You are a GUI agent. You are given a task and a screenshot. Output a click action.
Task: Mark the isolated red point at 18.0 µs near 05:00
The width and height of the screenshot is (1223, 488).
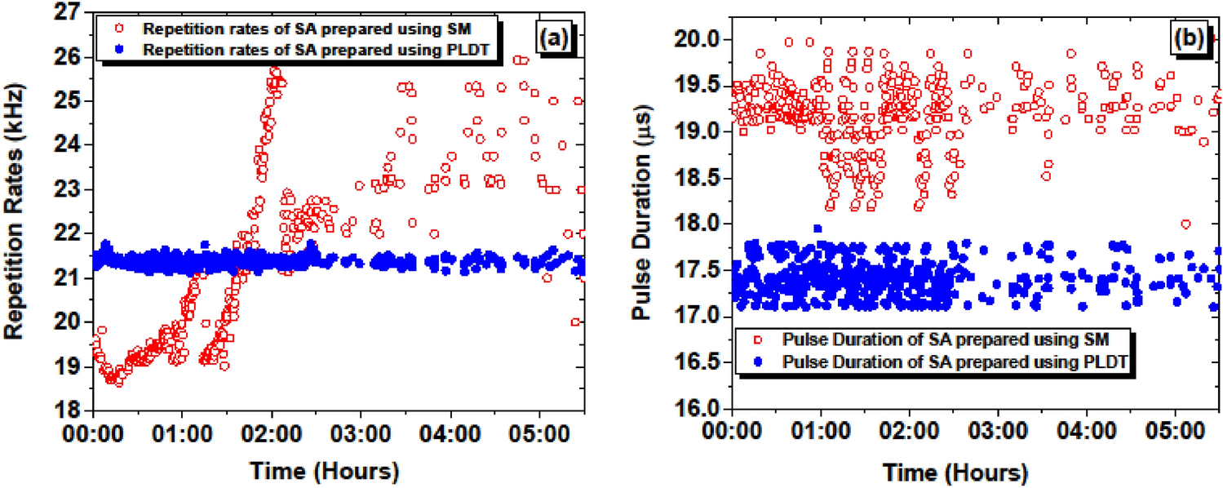[x=1185, y=224]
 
